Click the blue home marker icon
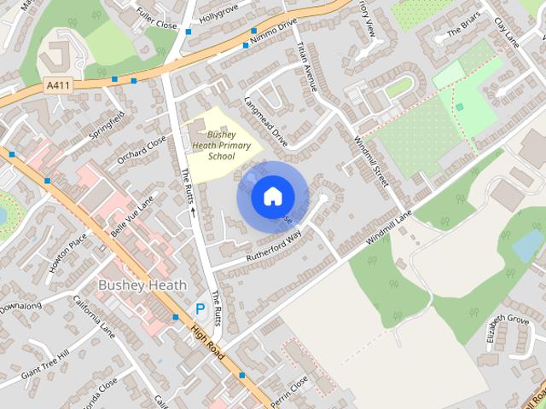tap(271, 197)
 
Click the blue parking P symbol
tap(200, 309)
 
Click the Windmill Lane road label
tap(389, 228)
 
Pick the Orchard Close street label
tap(142, 149)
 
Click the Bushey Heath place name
tap(142, 285)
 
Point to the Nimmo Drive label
tap(275, 31)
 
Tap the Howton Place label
tap(67, 253)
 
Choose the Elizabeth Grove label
tap(508, 327)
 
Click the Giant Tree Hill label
tap(44, 365)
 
